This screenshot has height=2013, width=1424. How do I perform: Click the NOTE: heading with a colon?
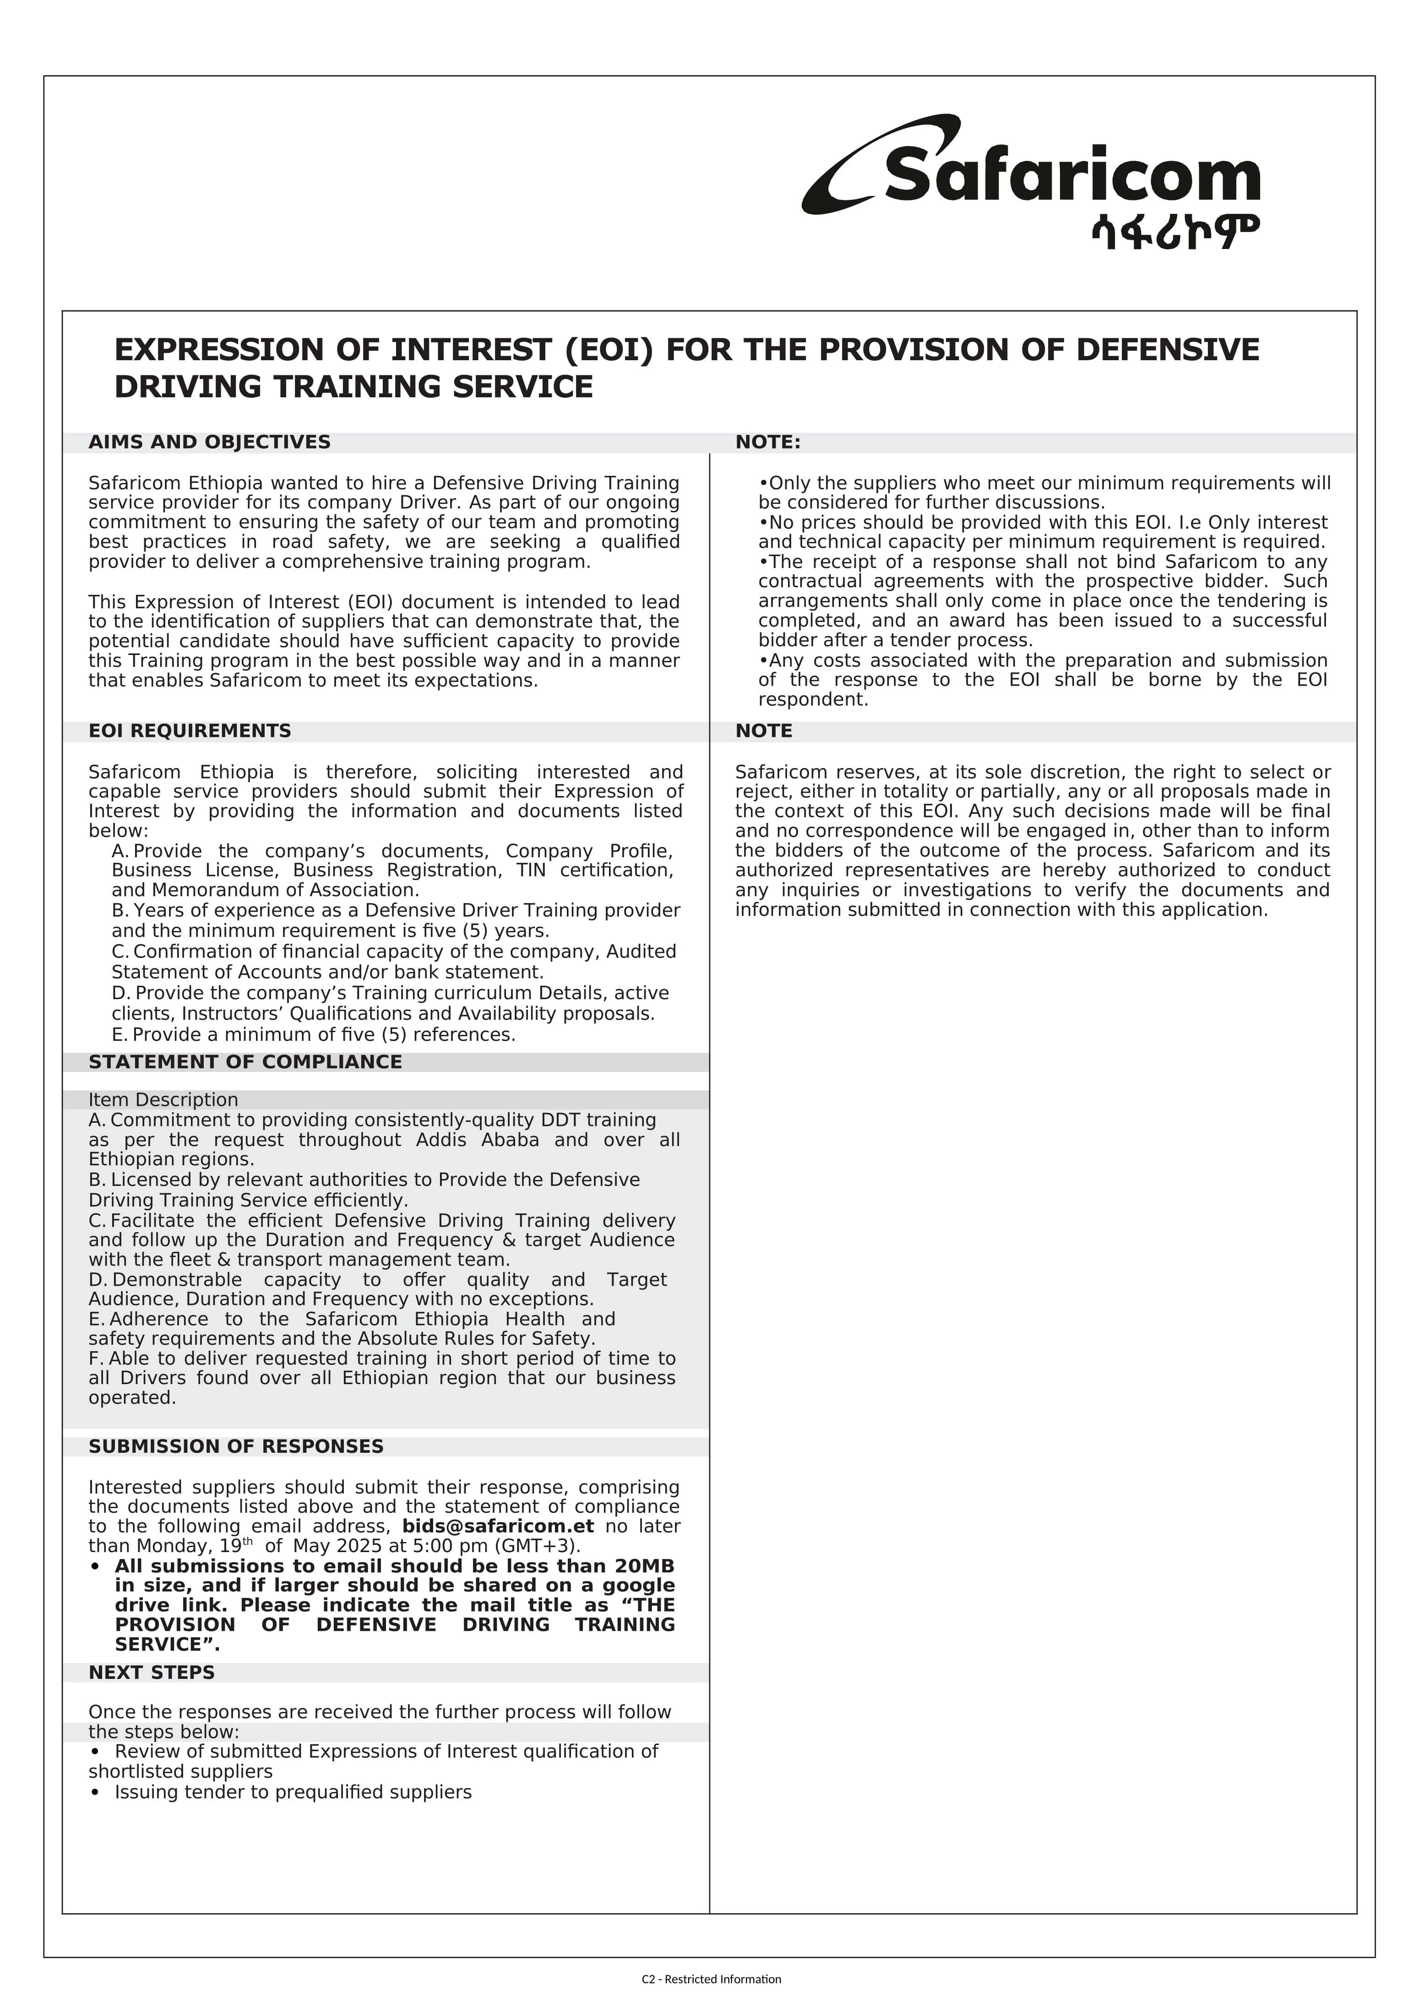[767, 443]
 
